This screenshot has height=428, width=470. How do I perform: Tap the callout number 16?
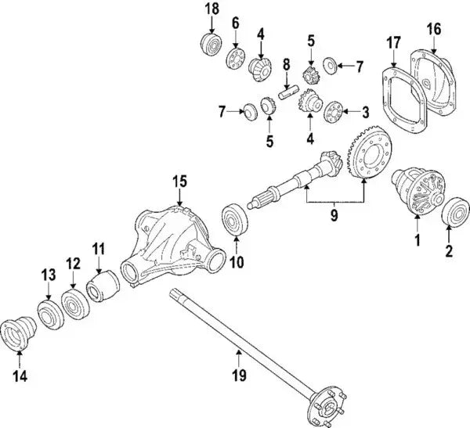click(x=433, y=29)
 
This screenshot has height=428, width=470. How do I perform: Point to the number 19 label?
click(x=240, y=377)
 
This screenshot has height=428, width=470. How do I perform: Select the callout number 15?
click(x=179, y=182)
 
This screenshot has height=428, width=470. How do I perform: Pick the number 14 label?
click(x=19, y=376)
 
